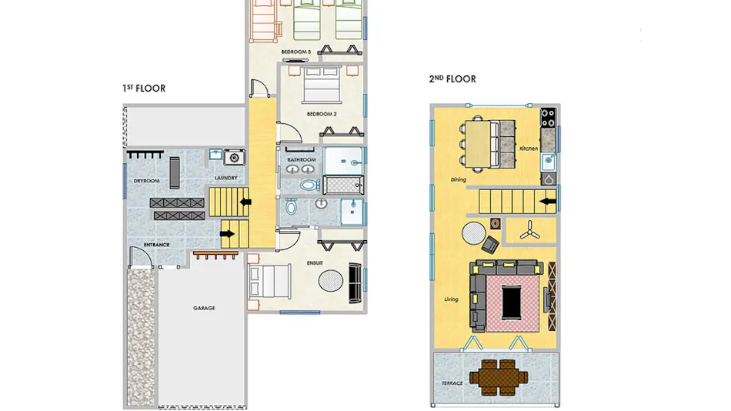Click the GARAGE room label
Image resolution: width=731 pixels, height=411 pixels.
click(x=204, y=308)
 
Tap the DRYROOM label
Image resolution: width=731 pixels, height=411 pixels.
click(x=146, y=181)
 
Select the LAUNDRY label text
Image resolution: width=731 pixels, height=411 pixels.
click(x=226, y=178)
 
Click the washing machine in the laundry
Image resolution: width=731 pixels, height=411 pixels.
click(x=234, y=158)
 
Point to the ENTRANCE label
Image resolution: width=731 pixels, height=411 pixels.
click(x=157, y=245)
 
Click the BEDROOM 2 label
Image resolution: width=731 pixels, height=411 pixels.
click(x=322, y=114)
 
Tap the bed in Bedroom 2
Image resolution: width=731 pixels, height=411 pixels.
click(x=321, y=85)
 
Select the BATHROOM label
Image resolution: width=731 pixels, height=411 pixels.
click(x=302, y=159)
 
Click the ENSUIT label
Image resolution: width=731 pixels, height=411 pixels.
click(x=315, y=263)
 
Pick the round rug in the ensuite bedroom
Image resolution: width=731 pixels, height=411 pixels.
click(x=331, y=280)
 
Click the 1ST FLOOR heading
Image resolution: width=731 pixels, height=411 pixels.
click(x=144, y=89)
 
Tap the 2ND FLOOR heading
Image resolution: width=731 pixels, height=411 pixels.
click(x=452, y=79)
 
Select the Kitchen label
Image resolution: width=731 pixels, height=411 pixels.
click(x=529, y=149)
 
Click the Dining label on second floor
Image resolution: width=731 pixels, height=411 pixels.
click(x=459, y=179)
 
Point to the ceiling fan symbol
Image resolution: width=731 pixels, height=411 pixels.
click(x=530, y=230)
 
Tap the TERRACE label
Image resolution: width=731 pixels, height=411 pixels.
click(x=452, y=383)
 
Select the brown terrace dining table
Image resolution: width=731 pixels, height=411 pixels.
click(x=499, y=377)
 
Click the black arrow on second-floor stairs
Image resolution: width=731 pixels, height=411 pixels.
click(x=548, y=202)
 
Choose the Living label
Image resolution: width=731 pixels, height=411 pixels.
click(x=451, y=299)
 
